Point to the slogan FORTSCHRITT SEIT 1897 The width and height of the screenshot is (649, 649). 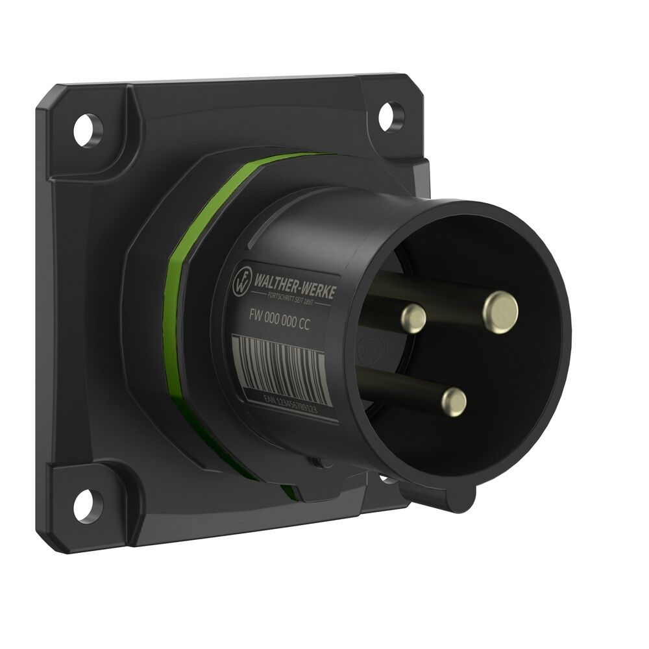coord(293,299)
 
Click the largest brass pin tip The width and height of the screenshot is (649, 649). coord(500,312)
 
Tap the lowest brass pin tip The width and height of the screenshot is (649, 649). coord(454,402)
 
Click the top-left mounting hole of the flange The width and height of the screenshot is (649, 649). coord(87,130)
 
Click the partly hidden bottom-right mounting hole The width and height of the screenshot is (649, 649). coord(387,480)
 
